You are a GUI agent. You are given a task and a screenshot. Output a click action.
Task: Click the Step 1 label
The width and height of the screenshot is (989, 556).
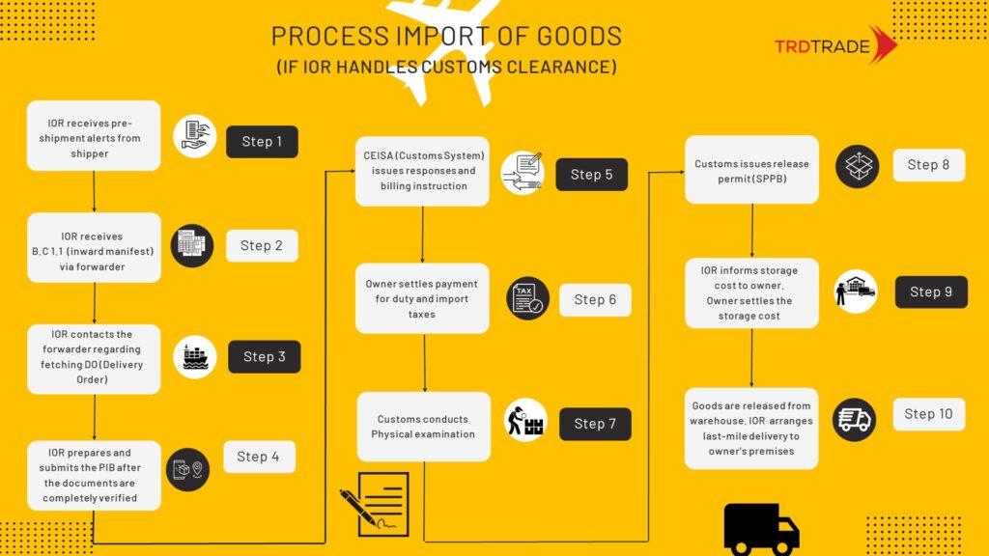pos(262,142)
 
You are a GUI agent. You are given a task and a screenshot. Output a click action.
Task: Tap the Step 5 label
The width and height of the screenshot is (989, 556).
pos(592,175)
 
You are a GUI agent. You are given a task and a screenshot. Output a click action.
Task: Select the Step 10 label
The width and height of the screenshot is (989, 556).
pos(928,414)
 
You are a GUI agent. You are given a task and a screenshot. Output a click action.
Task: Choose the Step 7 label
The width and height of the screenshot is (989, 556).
pos(595,424)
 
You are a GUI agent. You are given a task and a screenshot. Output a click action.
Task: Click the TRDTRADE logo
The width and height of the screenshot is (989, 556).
pos(835,45)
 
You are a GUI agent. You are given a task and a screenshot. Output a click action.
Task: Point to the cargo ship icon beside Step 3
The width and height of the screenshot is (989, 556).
pos(195,357)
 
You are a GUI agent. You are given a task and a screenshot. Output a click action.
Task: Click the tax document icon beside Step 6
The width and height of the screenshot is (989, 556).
pos(527,298)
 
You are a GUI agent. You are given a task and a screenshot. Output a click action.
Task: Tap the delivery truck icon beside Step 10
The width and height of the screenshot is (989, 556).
pos(854,419)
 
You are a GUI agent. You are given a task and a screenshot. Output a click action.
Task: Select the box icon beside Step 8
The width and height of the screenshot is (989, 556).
pos(858,166)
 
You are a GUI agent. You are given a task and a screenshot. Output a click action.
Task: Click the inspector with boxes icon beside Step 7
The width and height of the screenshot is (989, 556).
pos(525,420)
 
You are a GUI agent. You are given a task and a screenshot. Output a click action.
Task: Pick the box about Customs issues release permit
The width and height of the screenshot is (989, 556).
pos(751,170)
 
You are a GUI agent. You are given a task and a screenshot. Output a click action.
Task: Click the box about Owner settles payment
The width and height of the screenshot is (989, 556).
pos(422,298)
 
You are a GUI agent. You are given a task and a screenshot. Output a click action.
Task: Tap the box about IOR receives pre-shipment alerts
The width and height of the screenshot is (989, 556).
pos(94,135)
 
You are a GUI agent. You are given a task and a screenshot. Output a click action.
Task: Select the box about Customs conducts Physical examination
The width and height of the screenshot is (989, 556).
pos(423,427)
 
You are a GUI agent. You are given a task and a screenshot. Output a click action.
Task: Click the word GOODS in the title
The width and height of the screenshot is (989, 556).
pos(579,37)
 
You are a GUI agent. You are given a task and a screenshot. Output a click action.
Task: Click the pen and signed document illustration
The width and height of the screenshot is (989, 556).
pos(375,504)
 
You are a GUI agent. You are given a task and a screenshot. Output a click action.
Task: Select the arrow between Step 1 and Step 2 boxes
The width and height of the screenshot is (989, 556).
pos(94,192)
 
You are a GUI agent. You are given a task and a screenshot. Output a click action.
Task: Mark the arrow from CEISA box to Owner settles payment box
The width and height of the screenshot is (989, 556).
pos(423,235)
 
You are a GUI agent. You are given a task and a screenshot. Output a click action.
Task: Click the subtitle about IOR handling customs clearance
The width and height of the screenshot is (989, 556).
pos(446,67)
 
